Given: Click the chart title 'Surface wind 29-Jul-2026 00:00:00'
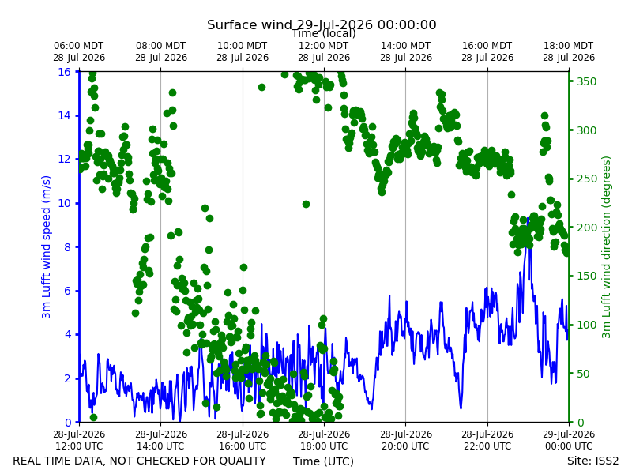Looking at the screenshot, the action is point(322,24).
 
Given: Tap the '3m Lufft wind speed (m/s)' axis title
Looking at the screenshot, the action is point(47,246).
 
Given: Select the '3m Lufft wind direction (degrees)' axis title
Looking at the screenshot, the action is point(606,247).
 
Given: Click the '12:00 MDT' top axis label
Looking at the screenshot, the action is point(324,46).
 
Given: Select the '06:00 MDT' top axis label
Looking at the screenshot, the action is point(79,46).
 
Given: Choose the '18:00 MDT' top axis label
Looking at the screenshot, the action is point(569,46).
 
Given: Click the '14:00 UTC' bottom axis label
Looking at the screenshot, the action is point(161,446).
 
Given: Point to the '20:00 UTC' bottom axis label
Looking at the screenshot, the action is point(406,446).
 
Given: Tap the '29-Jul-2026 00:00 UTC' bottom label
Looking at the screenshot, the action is point(569,440).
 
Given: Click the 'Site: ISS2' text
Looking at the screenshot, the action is point(592,461).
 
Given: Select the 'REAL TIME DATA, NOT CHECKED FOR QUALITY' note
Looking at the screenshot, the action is point(140,461).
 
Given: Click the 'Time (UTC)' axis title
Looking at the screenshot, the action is point(323,461).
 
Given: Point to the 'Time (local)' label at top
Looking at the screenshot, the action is point(324,33).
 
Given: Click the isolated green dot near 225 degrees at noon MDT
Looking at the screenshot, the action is point(306,205).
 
